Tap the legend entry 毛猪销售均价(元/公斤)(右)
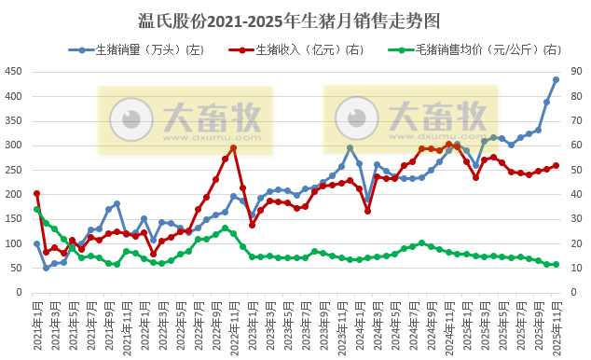471,49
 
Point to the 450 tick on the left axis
17,72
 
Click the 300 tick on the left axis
17,145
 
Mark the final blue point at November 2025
556,80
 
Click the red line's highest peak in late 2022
233,147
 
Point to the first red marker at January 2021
37,194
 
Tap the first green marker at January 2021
37,210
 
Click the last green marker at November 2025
556,265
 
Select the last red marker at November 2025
556,166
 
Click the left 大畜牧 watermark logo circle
131,119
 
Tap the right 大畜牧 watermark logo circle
359,118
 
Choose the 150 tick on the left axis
17,219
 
